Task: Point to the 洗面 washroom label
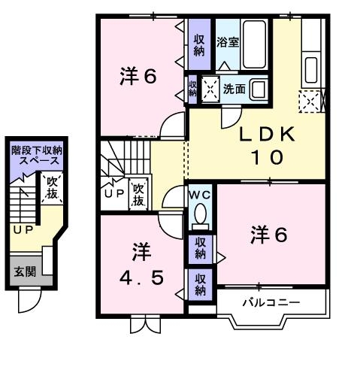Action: click(234, 89)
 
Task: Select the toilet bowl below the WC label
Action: click(200, 217)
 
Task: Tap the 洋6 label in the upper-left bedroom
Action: click(138, 77)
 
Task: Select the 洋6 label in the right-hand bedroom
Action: click(268, 235)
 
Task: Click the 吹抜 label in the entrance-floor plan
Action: click(51, 187)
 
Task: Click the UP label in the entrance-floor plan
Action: click(21, 229)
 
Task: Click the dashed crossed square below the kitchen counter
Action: click(308, 100)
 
